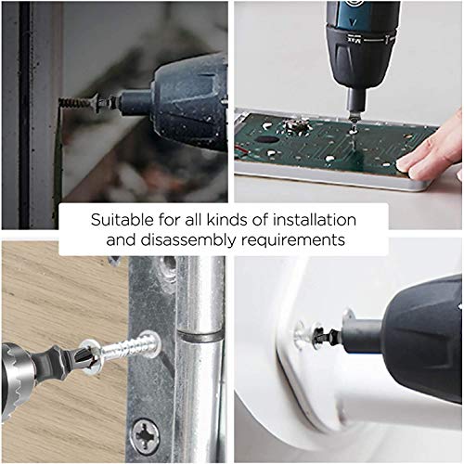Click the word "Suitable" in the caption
click(122, 220)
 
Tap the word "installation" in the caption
click(315, 220)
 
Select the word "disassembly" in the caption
click(188, 240)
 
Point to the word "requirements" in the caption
click(293, 240)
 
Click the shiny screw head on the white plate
click(301, 335)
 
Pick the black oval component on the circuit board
click(267, 139)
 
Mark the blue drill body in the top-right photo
click(363, 13)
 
